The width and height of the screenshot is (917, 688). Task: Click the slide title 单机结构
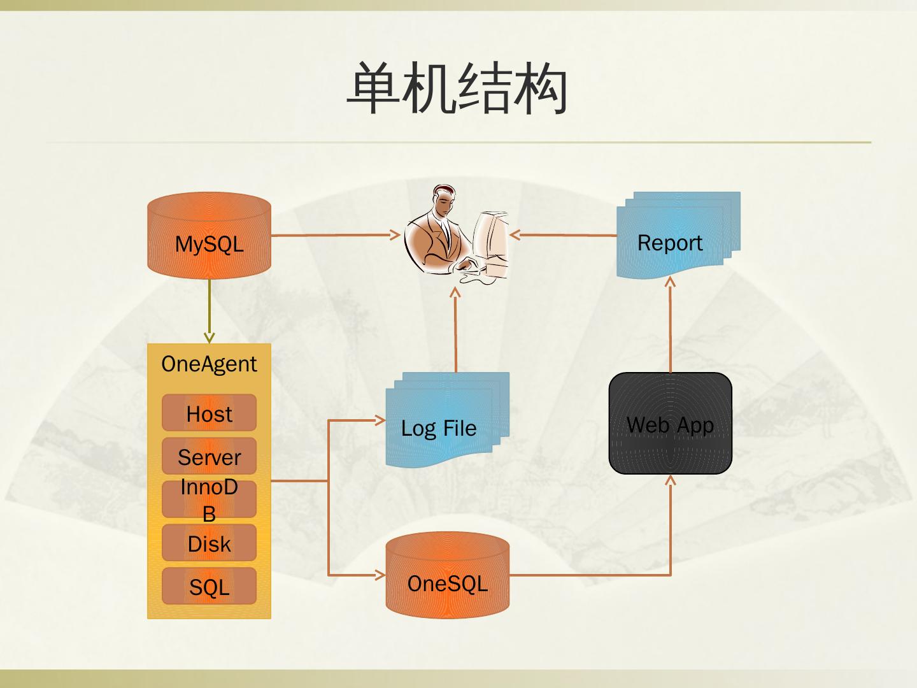point(457,89)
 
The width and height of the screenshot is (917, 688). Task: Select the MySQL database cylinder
point(209,236)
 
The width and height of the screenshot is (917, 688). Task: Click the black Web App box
point(670,424)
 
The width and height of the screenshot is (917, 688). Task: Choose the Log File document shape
point(446,420)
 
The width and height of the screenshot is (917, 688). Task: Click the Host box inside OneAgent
point(209,413)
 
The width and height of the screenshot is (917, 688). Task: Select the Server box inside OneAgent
point(209,456)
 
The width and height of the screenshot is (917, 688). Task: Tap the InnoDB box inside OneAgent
point(209,499)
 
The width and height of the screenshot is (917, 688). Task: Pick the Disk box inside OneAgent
point(209,543)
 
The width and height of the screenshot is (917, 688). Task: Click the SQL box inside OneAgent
point(209,586)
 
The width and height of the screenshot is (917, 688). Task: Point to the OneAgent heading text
point(209,364)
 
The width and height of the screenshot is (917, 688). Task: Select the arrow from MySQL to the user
point(334,235)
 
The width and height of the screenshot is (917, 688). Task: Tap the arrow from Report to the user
point(564,235)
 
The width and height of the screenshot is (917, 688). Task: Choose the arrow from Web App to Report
point(670,325)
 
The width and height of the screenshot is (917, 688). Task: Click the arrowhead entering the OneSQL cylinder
point(380,575)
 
